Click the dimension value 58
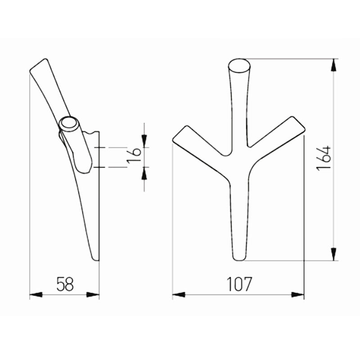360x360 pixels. point(65,284)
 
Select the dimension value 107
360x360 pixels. point(239,284)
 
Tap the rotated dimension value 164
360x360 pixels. point(324,158)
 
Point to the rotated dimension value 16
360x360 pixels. point(134,156)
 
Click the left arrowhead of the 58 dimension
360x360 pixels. point(36,295)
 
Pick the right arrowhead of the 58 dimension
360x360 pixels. point(93,295)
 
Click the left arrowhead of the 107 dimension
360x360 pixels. point(179,295)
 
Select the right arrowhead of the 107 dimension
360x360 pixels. point(297,295)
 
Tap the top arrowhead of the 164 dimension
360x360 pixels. point(333,65)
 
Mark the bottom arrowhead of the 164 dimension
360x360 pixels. point(333,254)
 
